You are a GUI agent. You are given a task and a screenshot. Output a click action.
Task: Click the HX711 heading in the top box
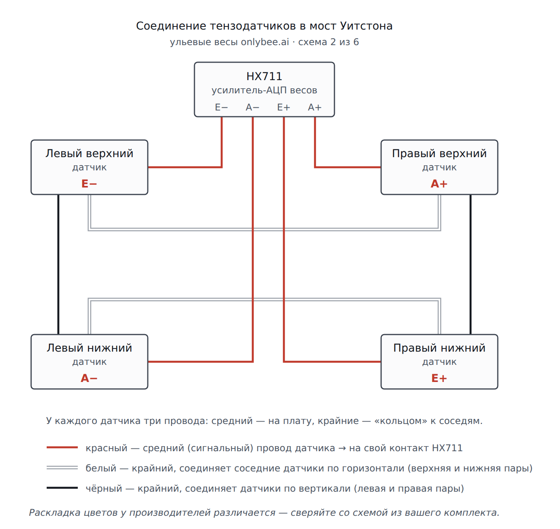tap(264, 76)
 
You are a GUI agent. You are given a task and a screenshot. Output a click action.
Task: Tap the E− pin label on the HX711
tap(221, 107)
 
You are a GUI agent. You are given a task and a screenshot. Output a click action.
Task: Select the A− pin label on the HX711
tap(252, 107)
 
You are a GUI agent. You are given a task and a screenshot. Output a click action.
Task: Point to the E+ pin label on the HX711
tap(283, 107)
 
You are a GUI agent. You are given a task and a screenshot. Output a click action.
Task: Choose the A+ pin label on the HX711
tap(315, 107)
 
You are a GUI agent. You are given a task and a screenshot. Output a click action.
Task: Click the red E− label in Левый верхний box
tap(89, 184)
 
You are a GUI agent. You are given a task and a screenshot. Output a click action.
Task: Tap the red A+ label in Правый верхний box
tap(439, 184)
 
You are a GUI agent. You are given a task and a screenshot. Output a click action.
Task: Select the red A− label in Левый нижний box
tap(89, 378)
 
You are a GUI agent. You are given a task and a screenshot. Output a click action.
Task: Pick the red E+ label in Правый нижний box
tap(439, 378)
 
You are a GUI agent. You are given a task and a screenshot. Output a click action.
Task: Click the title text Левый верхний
tap(89, 154)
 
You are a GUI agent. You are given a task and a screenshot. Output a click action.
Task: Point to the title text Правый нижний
tap(439, 348)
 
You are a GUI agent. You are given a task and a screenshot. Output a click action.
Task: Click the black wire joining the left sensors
tap(58, 264)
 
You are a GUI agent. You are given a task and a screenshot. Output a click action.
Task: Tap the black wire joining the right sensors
tap(470, 264)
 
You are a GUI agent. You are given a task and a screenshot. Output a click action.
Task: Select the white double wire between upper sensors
tap(264, 229)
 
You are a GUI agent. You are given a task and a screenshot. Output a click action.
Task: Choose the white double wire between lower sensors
tap(264, 300)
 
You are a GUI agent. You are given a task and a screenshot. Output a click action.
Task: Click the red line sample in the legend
tap(62, 447)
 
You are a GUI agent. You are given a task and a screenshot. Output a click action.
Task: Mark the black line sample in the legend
tap(62, 487)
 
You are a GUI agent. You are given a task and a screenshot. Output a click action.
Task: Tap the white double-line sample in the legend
tap(62, 468)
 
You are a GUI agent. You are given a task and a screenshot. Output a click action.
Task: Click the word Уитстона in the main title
tap(366, 26)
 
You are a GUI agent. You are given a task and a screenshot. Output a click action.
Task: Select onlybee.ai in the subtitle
tap(265, 42)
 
